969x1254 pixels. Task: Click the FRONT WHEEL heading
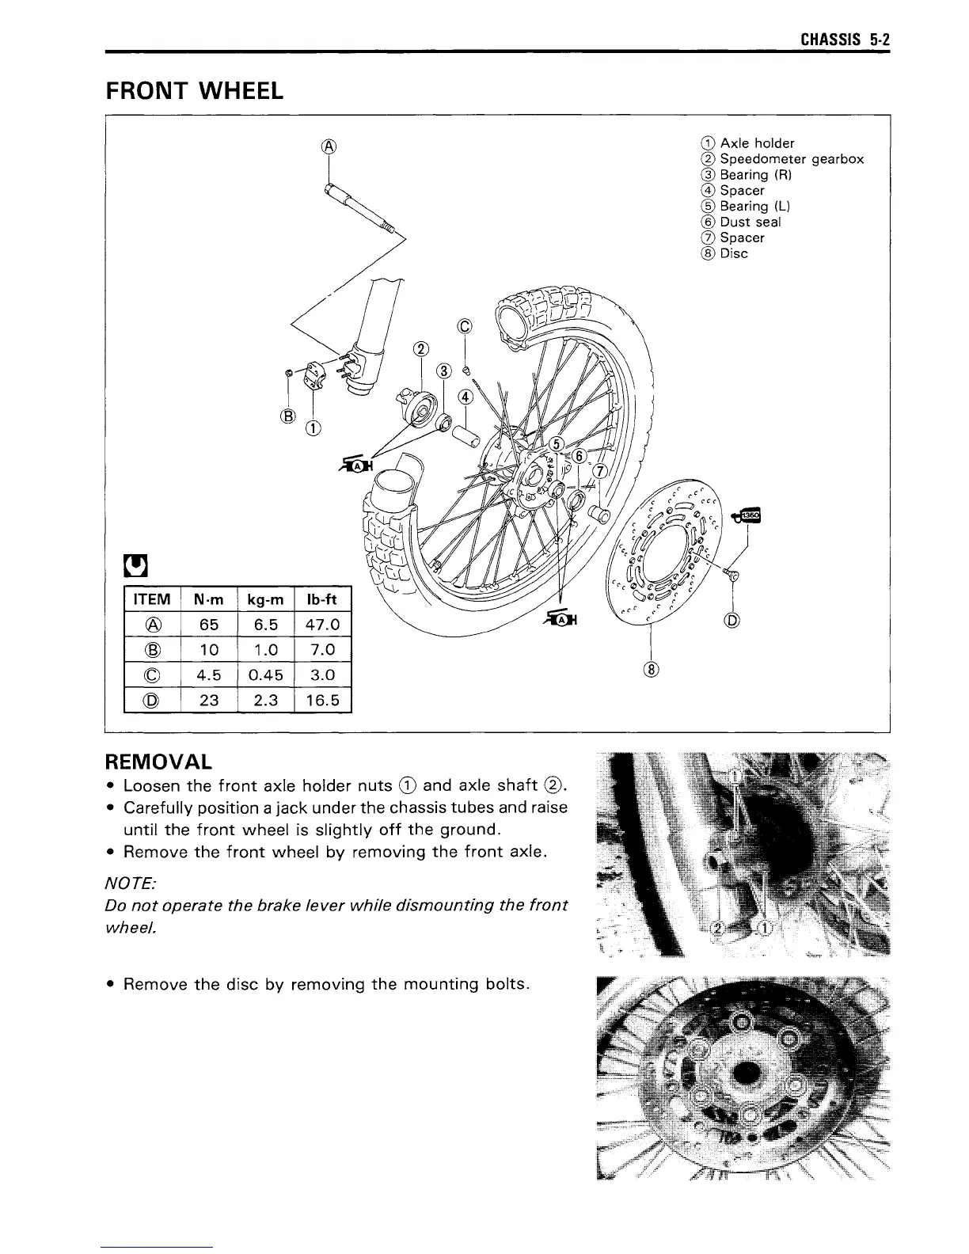click(194, 91)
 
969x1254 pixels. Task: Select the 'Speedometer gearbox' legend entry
click(791, 159)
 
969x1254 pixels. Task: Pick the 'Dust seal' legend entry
click(750, 222)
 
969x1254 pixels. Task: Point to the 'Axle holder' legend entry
click(757, 143)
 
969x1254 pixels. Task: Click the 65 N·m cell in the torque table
click(209, 625)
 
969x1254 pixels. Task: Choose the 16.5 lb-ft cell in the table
click(321, 700)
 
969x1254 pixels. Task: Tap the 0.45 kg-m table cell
click(265, 675)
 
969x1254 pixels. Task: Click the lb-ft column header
click(321, 600)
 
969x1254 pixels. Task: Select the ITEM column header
click(153, 600)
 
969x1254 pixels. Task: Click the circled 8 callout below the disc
click(652, 670)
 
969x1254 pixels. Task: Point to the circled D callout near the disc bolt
click(732, 621)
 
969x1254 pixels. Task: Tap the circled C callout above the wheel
click(464, 327)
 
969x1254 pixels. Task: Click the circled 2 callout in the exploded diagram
click(421, 351)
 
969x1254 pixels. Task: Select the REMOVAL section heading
click(158, 762)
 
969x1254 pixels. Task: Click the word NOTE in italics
click(127, 881)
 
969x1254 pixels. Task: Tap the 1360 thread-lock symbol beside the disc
click(748, 515)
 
